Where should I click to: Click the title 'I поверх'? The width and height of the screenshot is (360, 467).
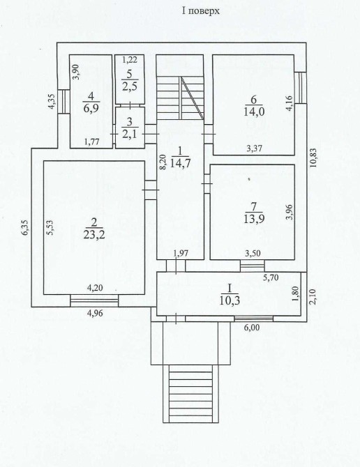click(201, 11)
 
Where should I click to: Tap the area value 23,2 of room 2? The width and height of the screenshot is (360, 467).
click(94, 235)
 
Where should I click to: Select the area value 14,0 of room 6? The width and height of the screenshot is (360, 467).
click(254, 112)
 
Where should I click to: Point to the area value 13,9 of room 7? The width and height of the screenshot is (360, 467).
click(254, 219)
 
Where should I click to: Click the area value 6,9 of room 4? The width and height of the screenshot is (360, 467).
click(91, 107)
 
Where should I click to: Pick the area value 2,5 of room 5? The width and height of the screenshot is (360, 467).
click(129, 86)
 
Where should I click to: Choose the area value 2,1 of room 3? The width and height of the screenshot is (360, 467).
click(129, 134)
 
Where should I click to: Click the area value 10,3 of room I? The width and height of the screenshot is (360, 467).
click(230, 300)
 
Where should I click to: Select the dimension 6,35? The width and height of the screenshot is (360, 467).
click(26, 227)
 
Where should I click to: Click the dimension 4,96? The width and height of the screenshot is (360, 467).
click(94, 314)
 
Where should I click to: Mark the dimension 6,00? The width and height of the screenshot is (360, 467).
click(252, 328)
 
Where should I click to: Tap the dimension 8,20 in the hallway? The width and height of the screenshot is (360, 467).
click(161, 162)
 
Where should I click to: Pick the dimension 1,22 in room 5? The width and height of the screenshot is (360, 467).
click(130, 59)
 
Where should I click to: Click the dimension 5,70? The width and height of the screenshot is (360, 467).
click(270, 278)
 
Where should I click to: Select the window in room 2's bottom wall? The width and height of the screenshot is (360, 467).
click(94, 300)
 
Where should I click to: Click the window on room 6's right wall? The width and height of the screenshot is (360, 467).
click(301, 88)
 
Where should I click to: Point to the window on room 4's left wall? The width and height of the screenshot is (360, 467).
click(63, 102)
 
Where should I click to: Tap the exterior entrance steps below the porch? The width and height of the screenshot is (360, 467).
click(190, 394)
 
